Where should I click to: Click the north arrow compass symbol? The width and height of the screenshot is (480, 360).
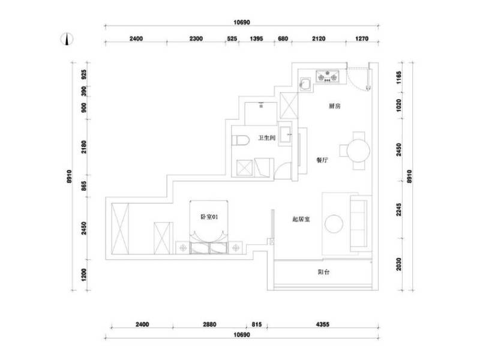pyautogui.click(x=67, y=40)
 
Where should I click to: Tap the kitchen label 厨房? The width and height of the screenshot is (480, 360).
pyautogui.click(x=335, y=106)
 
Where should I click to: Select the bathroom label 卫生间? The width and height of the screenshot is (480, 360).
pyautogui.click(x=266, y=138)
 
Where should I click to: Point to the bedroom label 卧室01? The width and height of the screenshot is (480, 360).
pyautogui.click(x=209, y=217)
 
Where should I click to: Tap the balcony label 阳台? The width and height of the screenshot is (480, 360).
pyautogui.click(x=323, y=272)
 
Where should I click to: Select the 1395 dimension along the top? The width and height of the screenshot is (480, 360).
pyautogui.click(x=256, y=39)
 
